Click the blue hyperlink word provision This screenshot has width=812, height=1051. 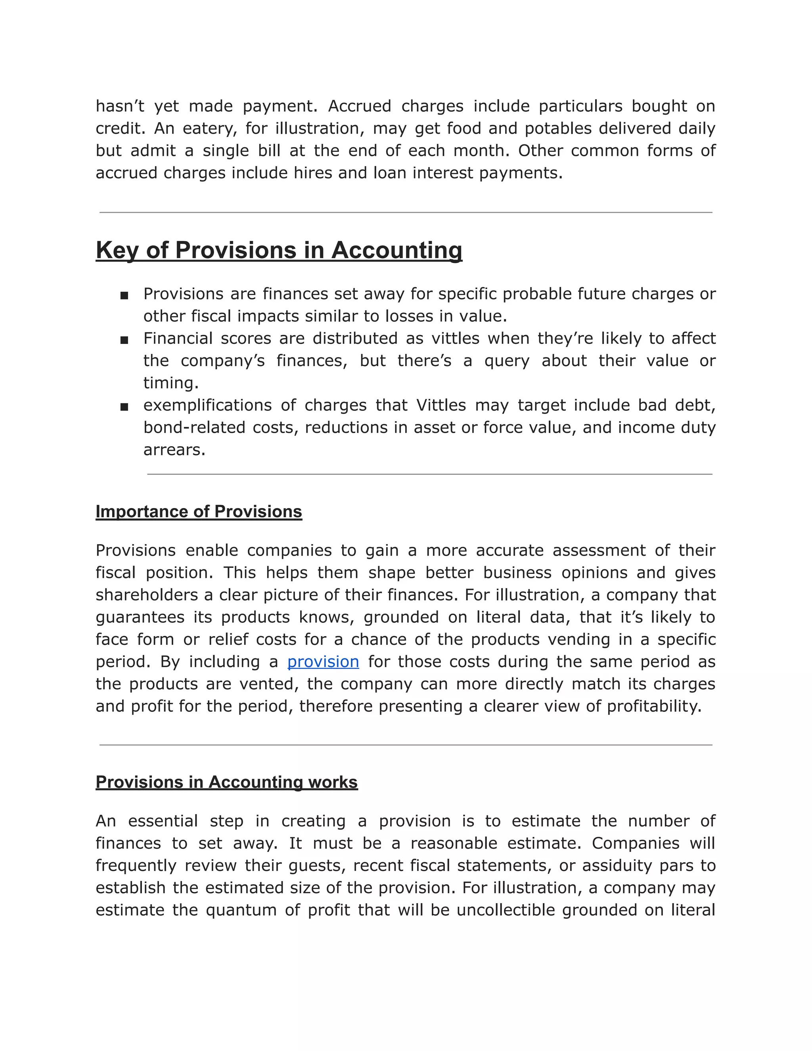(x=323, y=662)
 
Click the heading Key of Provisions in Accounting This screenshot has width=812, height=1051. (x=279, y=250)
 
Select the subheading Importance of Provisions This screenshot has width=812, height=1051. (x=199, y=511)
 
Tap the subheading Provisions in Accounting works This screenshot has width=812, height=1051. (x=226, y=782)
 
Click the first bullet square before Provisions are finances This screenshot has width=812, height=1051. (x=124, y=295)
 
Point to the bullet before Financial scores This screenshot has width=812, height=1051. (x=124, y=340)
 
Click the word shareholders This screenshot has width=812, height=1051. (x=146, y=595)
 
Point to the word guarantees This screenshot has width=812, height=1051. (x=140, y=617)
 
